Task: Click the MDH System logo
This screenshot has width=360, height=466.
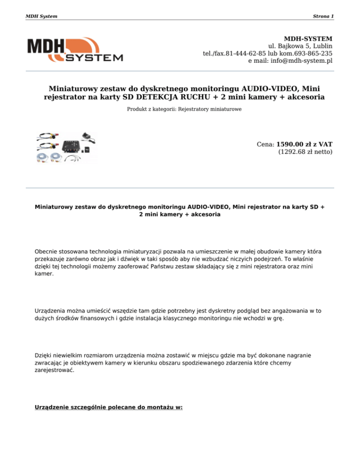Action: pyautogui.click(x=75, y=51)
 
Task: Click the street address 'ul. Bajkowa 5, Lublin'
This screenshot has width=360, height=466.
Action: pyautogui.click(x=300, y=46)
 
